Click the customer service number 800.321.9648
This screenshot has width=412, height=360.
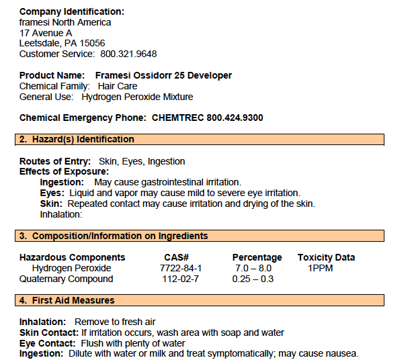(128, 54)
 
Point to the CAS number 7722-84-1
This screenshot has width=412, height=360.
(181, 268)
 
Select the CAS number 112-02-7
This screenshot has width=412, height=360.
(181, 279)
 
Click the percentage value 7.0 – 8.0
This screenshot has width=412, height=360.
(253, 268)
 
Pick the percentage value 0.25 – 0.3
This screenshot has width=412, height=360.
(253, 279)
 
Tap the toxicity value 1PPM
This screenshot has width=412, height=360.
(321, 268)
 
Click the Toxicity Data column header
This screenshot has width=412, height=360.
(326, 257)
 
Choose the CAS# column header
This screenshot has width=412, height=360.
(177, 257)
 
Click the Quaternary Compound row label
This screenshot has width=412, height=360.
(66, 279)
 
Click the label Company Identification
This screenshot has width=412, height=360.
(71, 11)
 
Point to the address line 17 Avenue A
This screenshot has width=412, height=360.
(46, 32)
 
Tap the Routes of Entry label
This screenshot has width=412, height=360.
(54, 161)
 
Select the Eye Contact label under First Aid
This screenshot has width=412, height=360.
(46, 343)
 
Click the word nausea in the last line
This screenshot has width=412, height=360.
(341, 353)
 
